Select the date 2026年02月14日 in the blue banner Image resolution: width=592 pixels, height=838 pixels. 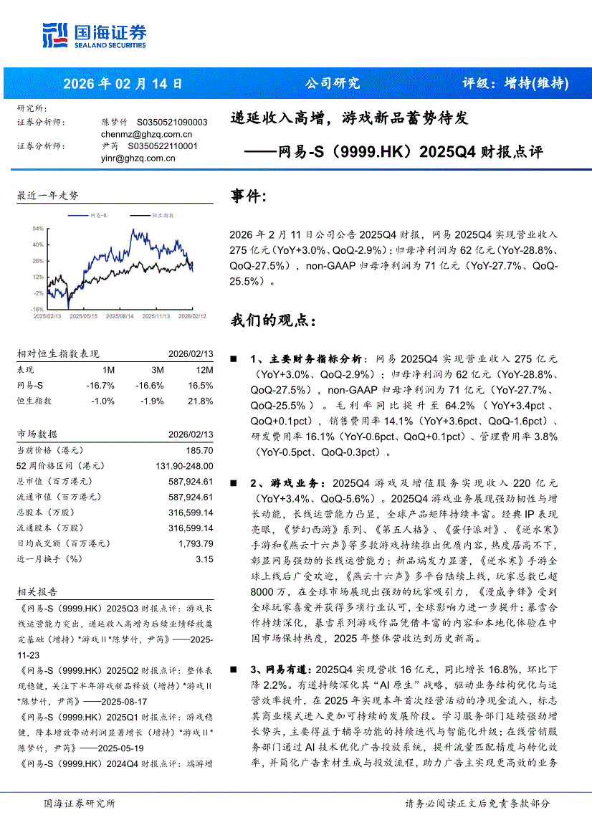click(x=123, y=84)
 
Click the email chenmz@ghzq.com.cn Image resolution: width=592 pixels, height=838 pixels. click(x=146, y=134)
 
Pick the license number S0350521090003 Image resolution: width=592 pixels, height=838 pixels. click(x=171, y=123)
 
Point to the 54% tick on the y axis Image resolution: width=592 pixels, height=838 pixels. click(x=38, y=229)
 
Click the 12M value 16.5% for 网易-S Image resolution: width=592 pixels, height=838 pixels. click(x=201, y=386)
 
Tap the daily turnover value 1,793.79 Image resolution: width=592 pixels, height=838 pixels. click(x=194, y=543)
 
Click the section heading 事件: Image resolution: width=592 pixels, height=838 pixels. click(x=249, y=196)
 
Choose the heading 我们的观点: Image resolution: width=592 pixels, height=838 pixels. click(x=272, y=320)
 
